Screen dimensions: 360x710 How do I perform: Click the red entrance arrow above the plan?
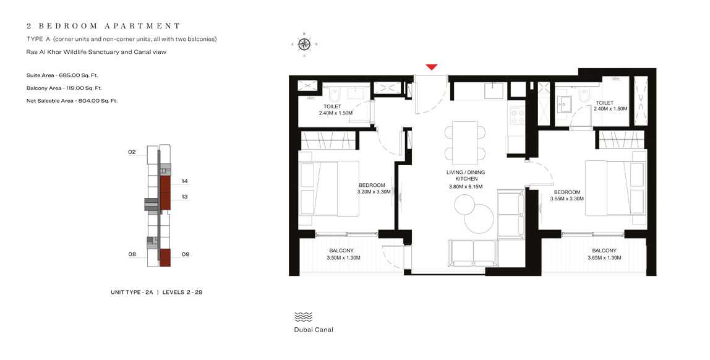click(432, 67)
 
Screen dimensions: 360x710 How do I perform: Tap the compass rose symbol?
click(304, 44)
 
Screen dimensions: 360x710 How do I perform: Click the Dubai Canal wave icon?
click(303, 317)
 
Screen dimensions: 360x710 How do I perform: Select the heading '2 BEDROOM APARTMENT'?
click(103, 26)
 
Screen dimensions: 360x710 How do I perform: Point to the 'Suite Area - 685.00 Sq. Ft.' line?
click(62, 75)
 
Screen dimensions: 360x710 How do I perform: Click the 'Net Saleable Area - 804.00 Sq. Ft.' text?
click(72, 100)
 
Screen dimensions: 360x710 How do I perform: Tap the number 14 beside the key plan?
click(184, 181)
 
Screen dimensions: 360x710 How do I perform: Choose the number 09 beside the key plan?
click(184, 254)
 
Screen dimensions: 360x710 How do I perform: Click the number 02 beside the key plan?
click(132, 152)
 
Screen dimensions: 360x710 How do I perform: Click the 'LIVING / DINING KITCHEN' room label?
click(466, 176)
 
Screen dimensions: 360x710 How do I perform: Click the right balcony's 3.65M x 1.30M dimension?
click(604, 258)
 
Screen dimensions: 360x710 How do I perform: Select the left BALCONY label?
click(341, 251)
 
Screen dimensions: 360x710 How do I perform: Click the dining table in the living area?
click(465, 141)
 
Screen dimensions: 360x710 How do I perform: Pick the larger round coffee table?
click(479, 218)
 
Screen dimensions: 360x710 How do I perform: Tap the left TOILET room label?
click(332, 106)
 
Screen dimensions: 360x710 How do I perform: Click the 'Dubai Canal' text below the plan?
click(314, 330)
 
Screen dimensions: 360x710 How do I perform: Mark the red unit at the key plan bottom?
click(165, 257)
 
